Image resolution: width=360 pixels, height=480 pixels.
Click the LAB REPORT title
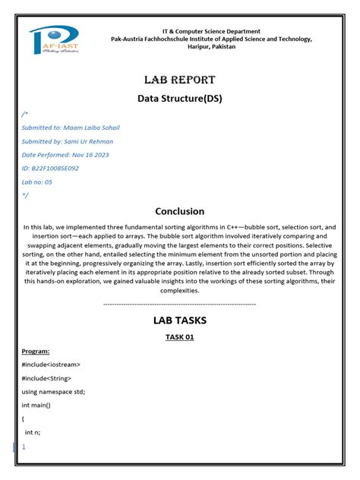(180, 80)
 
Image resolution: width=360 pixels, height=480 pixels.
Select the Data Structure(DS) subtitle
(179, 98)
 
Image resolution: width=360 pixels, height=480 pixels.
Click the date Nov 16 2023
(91, 154)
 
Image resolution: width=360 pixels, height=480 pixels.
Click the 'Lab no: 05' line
(38, 182)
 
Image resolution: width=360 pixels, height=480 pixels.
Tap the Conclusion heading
(180, 211)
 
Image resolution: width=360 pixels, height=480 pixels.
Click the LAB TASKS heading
(180, 321)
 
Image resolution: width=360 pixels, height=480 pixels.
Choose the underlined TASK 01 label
(180, 337)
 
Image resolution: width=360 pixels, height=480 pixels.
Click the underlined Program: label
(36, 352)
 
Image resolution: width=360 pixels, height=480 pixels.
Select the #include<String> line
(46, 378)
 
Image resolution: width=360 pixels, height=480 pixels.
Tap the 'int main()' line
(36, 406)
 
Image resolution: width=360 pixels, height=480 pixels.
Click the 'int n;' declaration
(32, 432)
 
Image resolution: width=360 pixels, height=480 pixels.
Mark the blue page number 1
(24, 447)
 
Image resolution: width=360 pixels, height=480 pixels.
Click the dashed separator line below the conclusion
(180, 304)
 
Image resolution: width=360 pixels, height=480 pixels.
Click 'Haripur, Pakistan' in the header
(212, 46)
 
